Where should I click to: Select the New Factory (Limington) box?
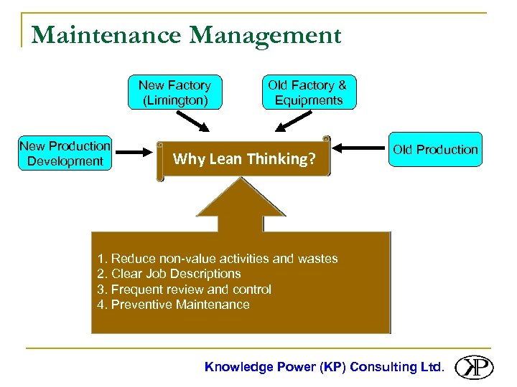click(x=174, y=92)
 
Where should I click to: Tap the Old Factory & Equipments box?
click(x=308, y=92)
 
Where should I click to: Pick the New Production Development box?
click(x=65, y=153)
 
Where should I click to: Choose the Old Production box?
click(x=434, y=150)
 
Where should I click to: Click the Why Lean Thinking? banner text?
click(x=244, y=159)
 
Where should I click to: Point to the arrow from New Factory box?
click(x=192, y=121)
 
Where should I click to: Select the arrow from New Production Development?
click(x=136, y=152)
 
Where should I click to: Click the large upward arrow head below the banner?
click(x=241, y=197)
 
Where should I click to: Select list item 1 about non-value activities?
click(x=217, y=259)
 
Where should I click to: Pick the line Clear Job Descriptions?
click(x=169, y=274)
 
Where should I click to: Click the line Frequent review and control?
click(x=184, y=290)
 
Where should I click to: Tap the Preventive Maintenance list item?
click(x=173, y=305)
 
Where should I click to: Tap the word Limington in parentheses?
click(x=175, y=100)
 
